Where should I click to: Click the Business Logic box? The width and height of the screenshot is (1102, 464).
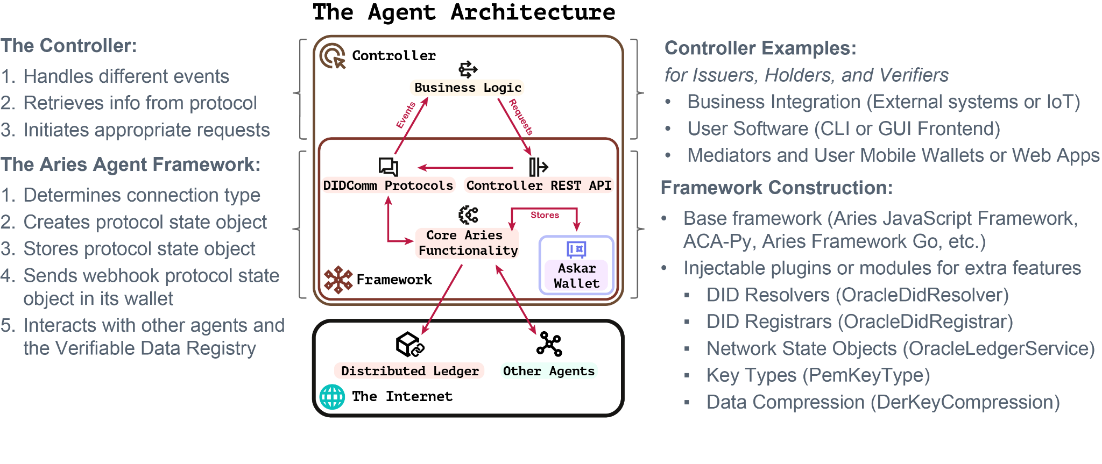[x=467, y=88]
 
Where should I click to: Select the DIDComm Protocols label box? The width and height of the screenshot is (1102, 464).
[x=388, y=185]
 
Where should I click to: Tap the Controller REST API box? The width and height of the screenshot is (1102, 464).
[x=539, y=185]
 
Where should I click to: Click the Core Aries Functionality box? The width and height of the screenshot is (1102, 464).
[x=467, y=243]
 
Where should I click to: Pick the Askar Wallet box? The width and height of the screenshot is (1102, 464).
[x=576, y=275]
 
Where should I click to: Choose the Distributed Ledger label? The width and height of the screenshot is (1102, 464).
[x=409, y=371]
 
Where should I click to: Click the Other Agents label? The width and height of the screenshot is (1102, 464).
[x=548, y=371]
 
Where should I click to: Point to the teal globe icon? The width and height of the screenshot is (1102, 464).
[x=332, y=397]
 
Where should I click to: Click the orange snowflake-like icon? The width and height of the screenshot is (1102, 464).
[x=338, y=280]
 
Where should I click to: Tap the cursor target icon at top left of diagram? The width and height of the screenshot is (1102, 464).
[x=333, y=56]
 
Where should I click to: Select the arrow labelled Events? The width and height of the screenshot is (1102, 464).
[x=411, y=125]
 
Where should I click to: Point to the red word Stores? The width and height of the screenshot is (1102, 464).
[x=545, y=215]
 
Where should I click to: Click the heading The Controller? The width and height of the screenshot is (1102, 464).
[x=69, y=46]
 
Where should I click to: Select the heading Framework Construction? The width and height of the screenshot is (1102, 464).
[x=776, y=188]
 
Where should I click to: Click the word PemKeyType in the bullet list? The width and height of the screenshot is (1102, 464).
[x=866, y=375]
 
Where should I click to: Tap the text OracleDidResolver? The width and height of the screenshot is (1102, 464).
[x=922, y=295]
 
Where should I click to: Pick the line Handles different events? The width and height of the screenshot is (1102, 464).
[x=126, y=76]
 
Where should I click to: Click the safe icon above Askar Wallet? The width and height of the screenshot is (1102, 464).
[x=576, y=249]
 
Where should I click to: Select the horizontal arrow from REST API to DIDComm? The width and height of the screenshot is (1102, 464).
[x=466, y=168]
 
